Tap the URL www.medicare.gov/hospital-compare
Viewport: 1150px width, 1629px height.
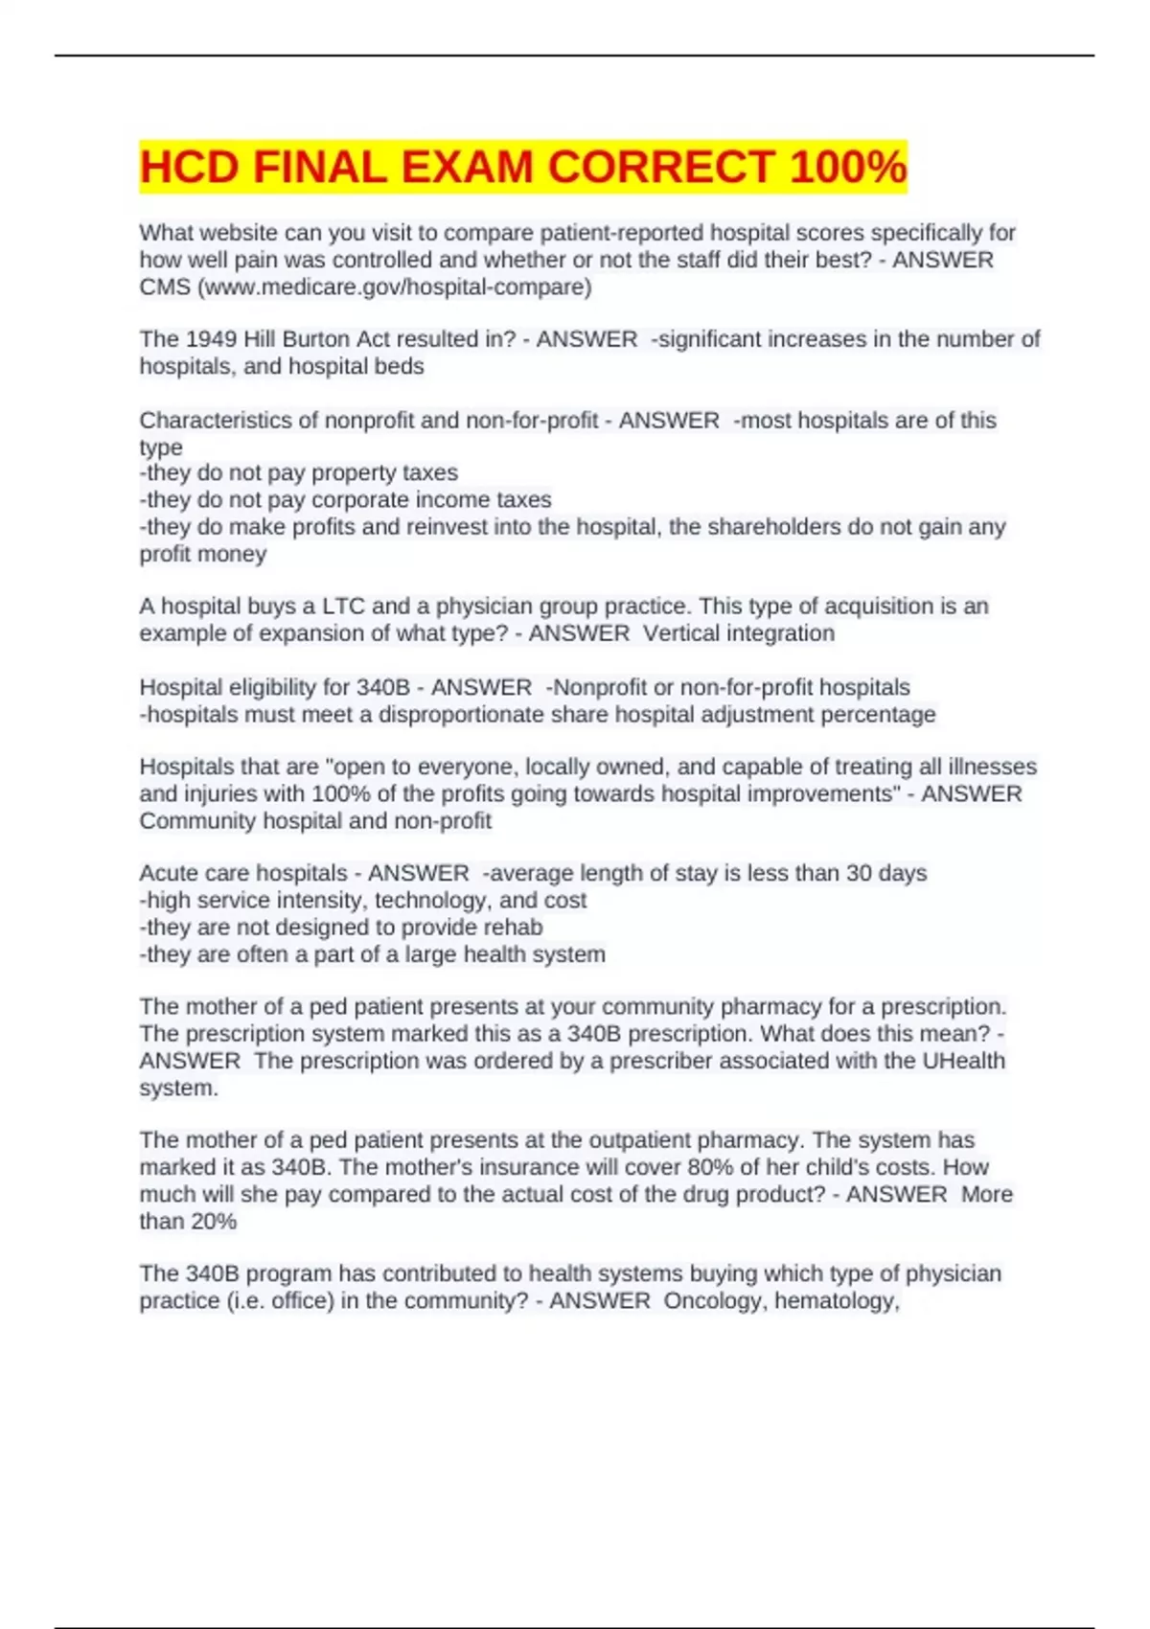pyautogui.click(x=393, y=287)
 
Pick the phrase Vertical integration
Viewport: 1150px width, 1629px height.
pyautogui.click(x=738, y=633)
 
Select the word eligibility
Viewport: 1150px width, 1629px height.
pyautogui.click(x=269, y=687)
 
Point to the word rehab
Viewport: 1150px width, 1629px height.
pyautogui.click(x=517, y=927)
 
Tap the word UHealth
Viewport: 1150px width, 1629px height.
pyautogui.click(x=963, y=1061)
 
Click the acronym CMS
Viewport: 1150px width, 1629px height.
pyautogui.click(x=165, y=287)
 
